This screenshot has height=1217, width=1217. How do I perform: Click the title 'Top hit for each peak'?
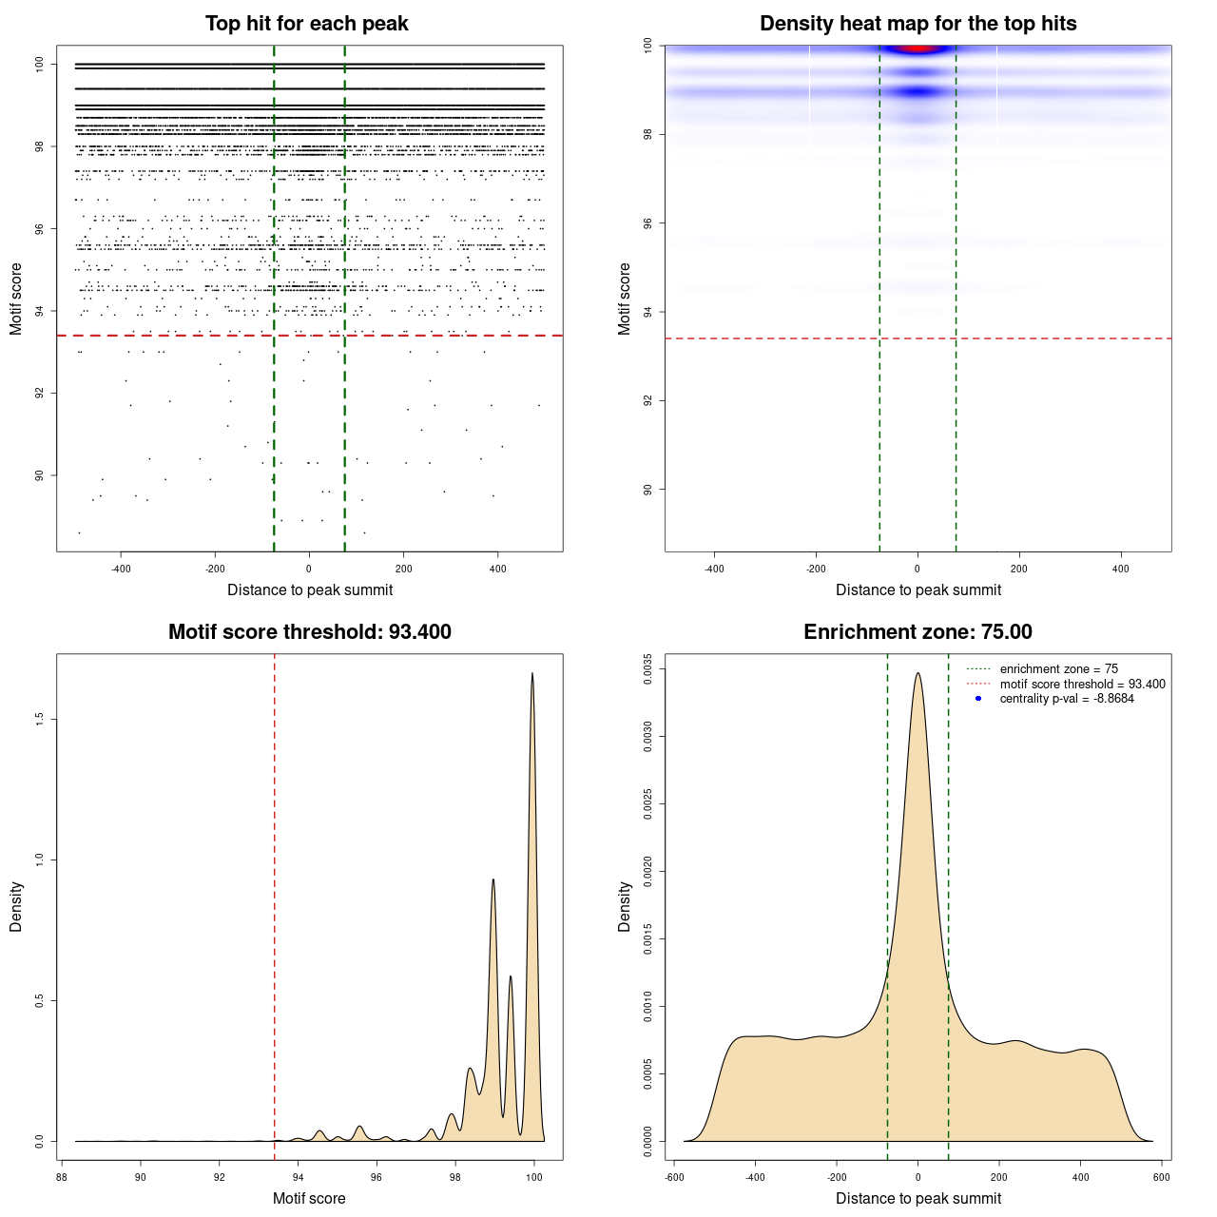tap(306, 24)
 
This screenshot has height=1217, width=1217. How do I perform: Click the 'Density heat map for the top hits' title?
tap(918, 24)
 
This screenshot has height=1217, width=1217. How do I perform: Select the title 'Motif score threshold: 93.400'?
tap(309, 632)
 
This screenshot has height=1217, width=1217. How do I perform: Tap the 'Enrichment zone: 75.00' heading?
tap(918, 632)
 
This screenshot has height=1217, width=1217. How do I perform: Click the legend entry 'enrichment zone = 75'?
tap(1058, 669)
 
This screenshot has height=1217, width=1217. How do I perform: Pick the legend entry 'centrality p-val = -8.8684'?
tap(1066, 699)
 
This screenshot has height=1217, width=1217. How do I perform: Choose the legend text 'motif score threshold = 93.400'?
tap(1082, 685)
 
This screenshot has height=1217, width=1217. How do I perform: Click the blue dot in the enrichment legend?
tap(977, 699)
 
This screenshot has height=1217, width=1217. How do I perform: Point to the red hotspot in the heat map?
tap(917, 48)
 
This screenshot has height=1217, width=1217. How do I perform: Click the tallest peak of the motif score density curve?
tap(532, 673)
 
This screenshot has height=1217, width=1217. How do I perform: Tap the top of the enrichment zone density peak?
tap(918, 673)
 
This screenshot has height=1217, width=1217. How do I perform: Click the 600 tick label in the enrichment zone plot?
tap(1161, 1177)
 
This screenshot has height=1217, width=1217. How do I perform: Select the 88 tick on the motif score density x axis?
tap(62, 1177)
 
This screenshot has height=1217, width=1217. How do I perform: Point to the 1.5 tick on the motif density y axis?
tap(39, 719)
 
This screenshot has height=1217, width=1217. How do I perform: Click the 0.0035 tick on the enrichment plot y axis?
tap(647, 669)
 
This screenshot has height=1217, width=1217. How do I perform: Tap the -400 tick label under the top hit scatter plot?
tap(121, 569)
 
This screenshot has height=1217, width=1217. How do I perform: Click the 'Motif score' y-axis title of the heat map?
tap(624, 299)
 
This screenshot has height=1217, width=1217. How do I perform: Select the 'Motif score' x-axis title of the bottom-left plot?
tap(309, 1198)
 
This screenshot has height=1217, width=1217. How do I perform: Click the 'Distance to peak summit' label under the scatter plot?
tap(310, 589)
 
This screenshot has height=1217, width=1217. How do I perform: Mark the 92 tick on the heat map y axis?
tap(647, 400)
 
